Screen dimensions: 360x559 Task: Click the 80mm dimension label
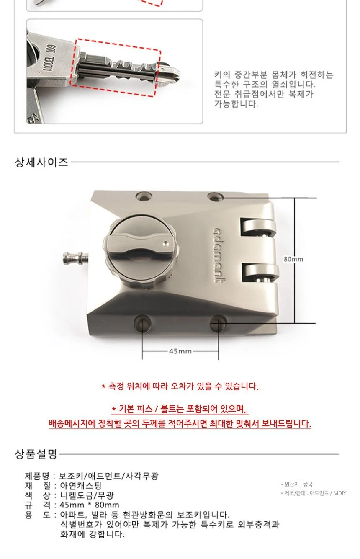(x=293, y=259)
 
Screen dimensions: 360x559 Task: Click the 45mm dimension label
(x=180, y=351)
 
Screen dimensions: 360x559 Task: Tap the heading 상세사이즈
(x=41, y=162)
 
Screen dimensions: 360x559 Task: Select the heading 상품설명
(x=36, y=454)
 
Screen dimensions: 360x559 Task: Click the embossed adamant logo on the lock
(x=218, y=255)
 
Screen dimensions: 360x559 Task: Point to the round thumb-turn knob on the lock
(x=141, y=251)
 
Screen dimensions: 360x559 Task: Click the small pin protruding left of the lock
(x=76, y=258)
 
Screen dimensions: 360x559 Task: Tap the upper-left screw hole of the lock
(x=144, y=196)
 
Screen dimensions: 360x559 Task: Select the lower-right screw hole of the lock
(x=218, y=323)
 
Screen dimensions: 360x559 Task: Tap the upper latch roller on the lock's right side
(x=258, y=227)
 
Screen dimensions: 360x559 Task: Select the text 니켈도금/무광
(x=87, y=495)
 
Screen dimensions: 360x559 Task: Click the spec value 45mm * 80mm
(x=89, y=505)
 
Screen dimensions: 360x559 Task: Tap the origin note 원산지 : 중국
(x=296, y=484)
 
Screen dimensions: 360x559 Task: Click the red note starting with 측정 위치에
(x=180, y=386)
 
